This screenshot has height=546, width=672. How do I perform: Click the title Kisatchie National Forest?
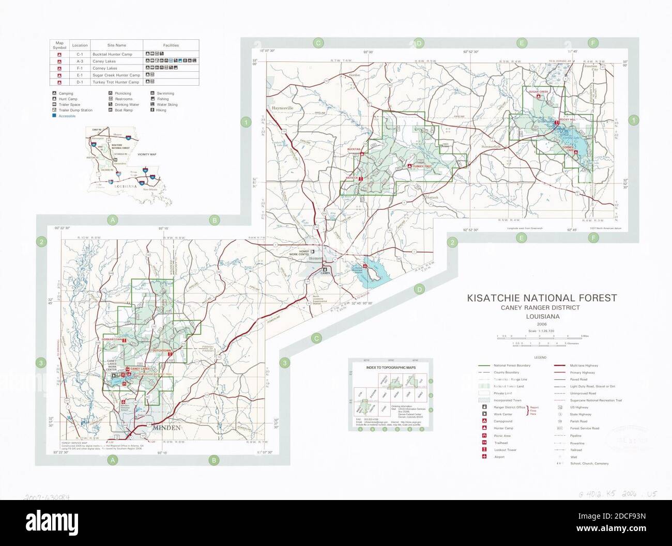point(542,298)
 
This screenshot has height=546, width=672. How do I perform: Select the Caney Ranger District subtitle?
point(540,308)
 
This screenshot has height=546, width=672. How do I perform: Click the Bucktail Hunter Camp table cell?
point(112,54)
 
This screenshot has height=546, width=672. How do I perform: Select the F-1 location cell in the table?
point(80,68)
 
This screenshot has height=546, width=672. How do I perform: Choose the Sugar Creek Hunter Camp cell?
point(116,75)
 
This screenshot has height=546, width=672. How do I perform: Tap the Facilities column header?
point(171,45)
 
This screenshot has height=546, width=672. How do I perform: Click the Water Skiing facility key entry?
point(167,105)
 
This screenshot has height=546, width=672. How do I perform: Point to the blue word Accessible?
point(67,116)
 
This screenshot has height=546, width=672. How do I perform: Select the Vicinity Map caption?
point(147,154)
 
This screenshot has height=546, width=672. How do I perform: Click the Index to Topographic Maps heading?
point(390,367)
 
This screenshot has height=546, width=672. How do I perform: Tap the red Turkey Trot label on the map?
point(422,166)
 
